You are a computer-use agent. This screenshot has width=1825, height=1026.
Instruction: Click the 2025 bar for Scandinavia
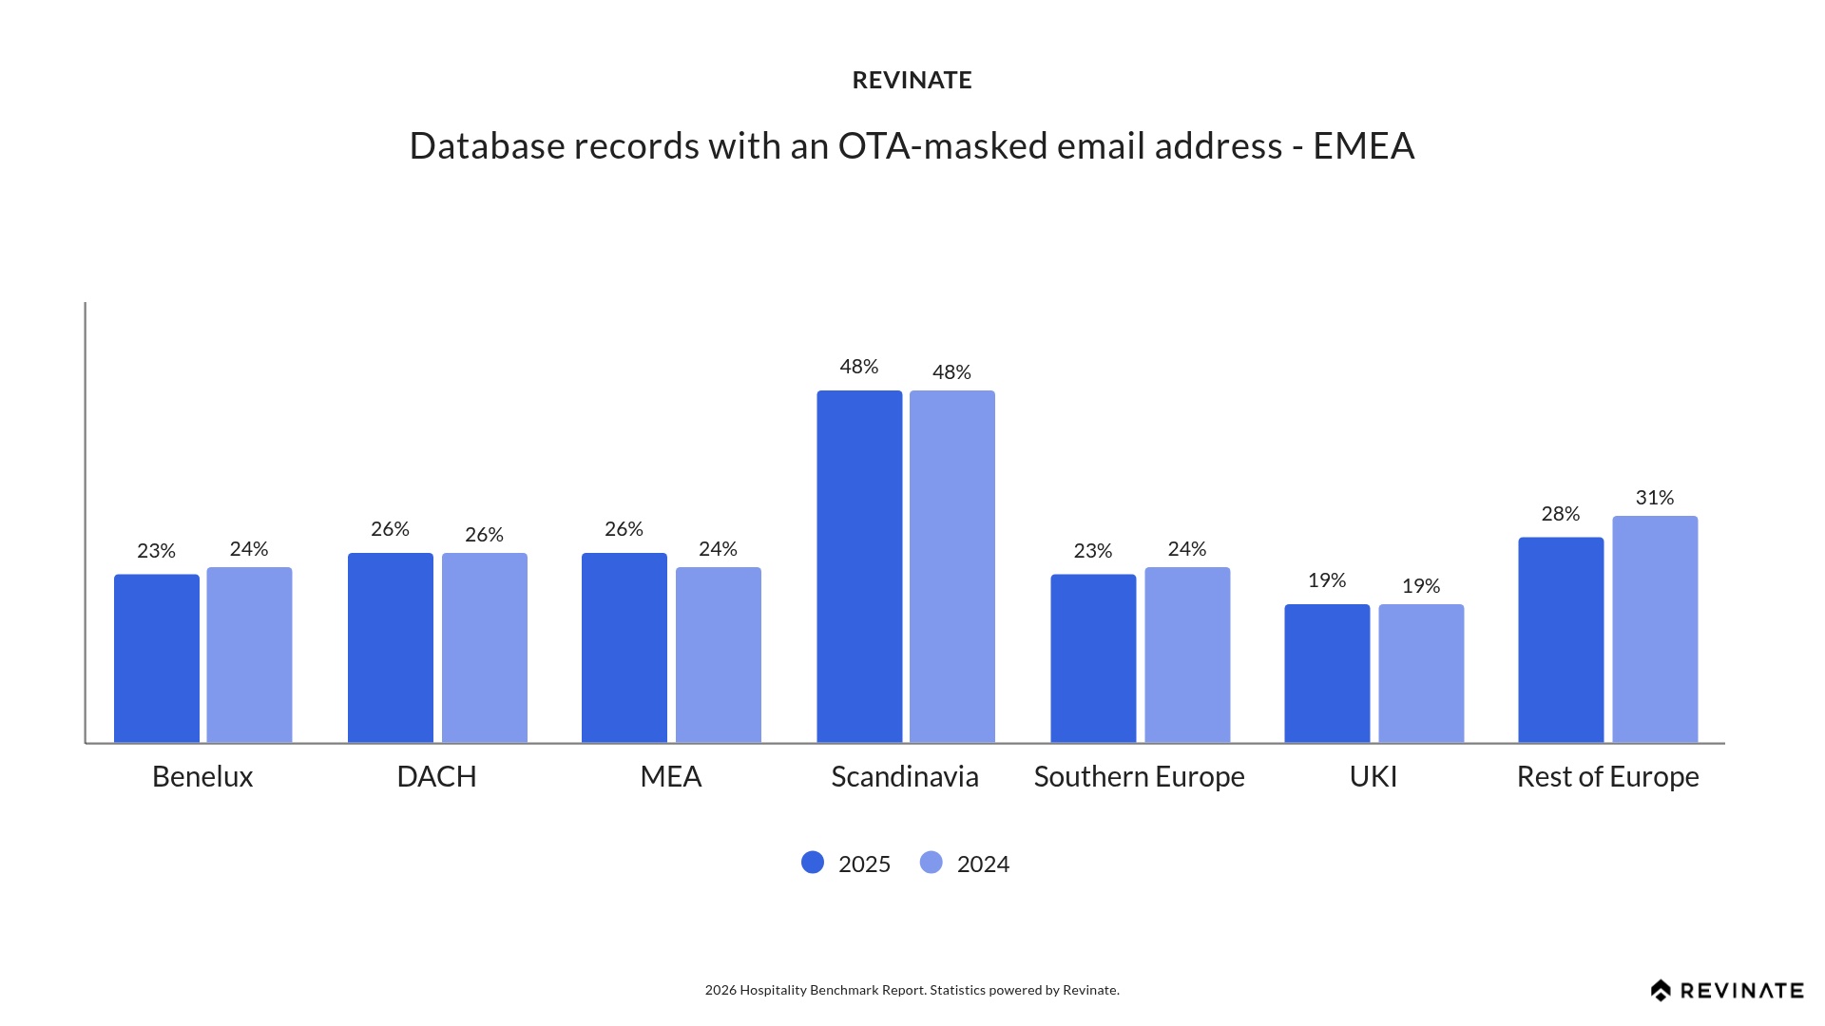(859, 566)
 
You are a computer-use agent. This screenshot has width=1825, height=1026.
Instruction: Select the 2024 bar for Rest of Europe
(1655, 629)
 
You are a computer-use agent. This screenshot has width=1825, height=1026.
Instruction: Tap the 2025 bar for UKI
(1327, 673)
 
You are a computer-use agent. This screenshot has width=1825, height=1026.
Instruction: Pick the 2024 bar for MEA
(718, 655)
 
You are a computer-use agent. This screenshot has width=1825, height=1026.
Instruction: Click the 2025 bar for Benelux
(157, 657)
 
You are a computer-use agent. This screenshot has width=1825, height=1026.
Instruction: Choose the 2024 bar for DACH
(484, 647)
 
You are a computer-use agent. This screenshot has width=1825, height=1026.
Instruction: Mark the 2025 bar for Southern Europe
(1093, 657)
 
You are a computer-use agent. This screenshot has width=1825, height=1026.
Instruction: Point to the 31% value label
(1655, 498)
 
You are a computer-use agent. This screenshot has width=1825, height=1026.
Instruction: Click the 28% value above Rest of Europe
(1561, 514)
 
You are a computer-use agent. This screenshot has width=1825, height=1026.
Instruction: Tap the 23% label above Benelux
(156, 551)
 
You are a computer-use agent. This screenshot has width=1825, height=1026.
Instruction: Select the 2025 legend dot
(813, 863)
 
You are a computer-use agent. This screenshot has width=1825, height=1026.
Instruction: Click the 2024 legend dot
(932, 863)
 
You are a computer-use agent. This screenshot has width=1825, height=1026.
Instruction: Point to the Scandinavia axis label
(905, 777)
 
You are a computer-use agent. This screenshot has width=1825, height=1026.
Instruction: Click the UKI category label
(1374, 777)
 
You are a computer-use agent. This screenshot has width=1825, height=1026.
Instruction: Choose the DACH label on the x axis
(436, 777)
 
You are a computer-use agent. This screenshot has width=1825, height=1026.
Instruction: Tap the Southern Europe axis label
(1139, 777)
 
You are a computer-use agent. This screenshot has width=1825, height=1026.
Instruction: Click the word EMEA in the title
(1363, 146)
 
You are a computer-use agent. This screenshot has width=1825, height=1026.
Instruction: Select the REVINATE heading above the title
(912, 81)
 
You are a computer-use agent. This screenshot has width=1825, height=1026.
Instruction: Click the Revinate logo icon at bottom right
(1661, 991)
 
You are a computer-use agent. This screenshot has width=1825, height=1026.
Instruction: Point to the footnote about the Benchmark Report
(912, 990)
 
